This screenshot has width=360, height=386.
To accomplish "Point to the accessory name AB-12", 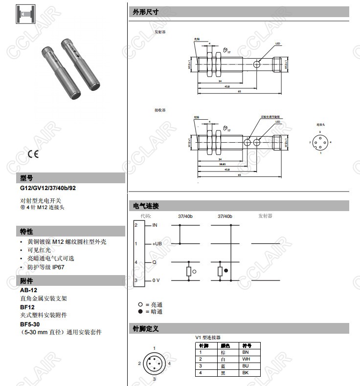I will click(x=28, y=290).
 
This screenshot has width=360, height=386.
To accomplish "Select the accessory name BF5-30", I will click(x=30, y=324).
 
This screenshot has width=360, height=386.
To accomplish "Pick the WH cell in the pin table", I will click(x=246, y=359).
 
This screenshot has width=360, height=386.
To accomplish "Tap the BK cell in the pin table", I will click(x=246, y=373).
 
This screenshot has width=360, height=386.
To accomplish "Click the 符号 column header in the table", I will click(x=247, y=345).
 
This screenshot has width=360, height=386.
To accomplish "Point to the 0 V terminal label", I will click(x=156, y=280).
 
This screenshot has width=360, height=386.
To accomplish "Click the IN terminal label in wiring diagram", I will click(x=155, y=225).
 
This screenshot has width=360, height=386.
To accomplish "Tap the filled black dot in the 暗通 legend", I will click(x=140, y=311).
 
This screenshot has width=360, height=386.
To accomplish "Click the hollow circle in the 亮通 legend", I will click(x=140, y=304).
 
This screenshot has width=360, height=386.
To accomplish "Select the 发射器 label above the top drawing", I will click(x=160, y=31).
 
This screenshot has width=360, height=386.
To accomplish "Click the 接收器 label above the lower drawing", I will click(x=160, y=110).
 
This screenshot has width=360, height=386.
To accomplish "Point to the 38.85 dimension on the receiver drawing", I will click(x=223, y=164).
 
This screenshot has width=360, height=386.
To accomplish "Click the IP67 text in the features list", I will click(x=58, y=267).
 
